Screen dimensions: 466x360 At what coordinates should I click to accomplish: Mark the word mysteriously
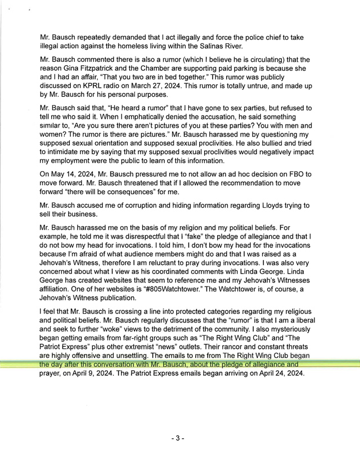pos(277,333)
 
